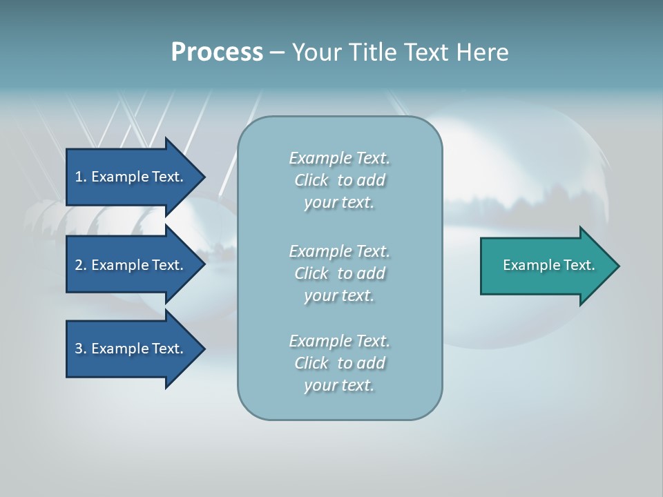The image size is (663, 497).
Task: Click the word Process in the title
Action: point(217,52)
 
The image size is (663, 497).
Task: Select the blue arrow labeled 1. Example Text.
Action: point(131,177)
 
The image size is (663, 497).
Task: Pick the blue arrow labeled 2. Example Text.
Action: point(131,265)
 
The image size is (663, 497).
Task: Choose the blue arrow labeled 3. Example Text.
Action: point(131,349)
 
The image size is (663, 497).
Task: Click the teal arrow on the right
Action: point(546,266)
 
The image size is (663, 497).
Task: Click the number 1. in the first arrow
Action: point(81,177)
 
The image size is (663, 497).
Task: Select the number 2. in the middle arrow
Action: point(81,265)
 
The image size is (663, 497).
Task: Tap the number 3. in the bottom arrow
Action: point(81,349)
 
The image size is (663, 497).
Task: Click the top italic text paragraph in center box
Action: point(339,180)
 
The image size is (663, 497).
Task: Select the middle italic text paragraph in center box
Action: point(339,273)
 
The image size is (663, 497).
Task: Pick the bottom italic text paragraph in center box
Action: point(339,363)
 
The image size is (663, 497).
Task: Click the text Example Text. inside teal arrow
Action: point(548,265)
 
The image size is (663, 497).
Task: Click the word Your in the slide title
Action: point(316,52)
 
